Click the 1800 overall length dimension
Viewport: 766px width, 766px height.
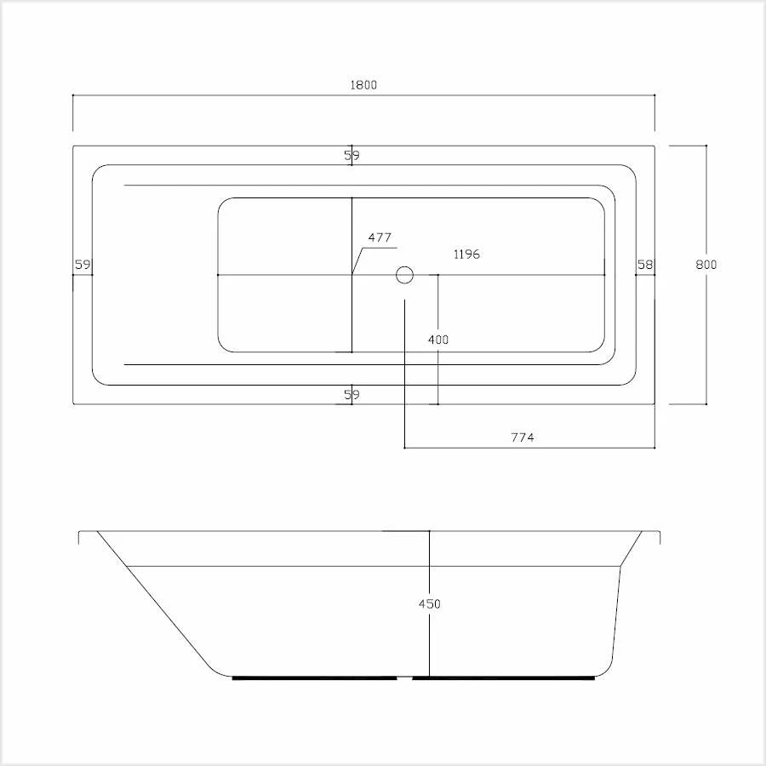[x=363, y=85]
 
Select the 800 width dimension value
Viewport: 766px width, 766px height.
[x=706, y=265]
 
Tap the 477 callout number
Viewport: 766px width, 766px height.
[x=380, y=238]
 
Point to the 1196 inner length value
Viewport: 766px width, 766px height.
[x=466, y=254]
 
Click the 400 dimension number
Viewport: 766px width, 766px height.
[x=437, y=340]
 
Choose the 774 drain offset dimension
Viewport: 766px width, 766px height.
[x=522, y=437]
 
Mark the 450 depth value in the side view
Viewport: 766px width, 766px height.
[x=430, y=604]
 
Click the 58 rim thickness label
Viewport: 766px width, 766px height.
[x=645, y=265]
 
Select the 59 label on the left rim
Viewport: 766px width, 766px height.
[x=83, y=265]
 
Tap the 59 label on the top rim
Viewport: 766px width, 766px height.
[x=352, y=156]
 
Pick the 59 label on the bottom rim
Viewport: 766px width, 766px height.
[x=352, y=395]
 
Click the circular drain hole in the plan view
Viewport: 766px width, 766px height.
[x=404, y=275]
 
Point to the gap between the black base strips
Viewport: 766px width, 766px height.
[x=405, y=678]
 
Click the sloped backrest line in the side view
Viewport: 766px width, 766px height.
[x=153, y=600]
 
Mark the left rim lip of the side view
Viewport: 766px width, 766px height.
[x=79, y=536]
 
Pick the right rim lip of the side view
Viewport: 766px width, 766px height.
[x=660, y=536]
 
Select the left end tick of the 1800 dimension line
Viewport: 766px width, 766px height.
[x=73, y=95]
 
